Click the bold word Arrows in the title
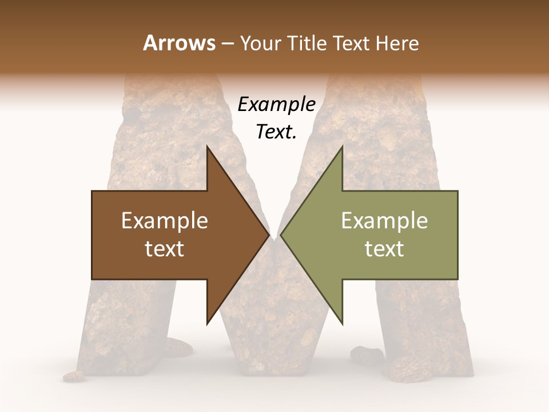(178, 43)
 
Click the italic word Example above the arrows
(276, 105)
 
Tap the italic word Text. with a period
(276, 132)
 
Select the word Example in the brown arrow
(165, 221)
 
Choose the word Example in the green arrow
(384, 221)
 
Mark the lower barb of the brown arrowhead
(208, 322)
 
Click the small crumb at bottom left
(73, 376)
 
